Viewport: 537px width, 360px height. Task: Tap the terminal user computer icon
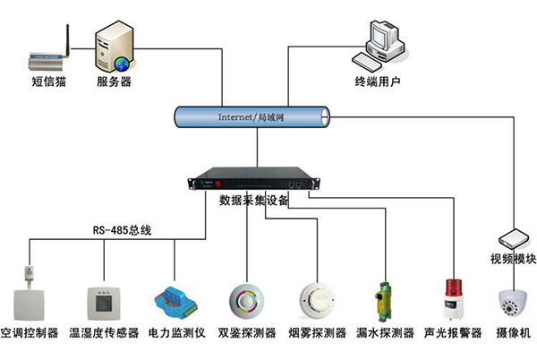pyautogui.click(x=381, y=45)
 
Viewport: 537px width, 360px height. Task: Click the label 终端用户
pyautogui.click(x=376, y=82)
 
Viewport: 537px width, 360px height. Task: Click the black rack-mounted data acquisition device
pyautogui.click(x=253, y=180)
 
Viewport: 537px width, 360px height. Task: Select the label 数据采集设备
pyautogui.click(x=253, y=201)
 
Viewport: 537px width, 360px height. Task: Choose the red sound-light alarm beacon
pyautogui.click(x=453, y=297)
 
